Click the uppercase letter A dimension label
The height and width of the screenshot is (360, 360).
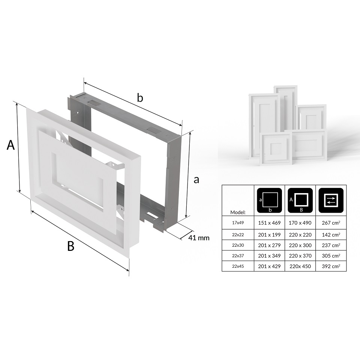tap(11, 145)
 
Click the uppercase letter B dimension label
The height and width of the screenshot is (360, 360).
tap(70, 246)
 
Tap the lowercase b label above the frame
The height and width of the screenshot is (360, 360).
tap(139, 98)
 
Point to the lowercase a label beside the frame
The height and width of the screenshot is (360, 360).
tap(196, 180)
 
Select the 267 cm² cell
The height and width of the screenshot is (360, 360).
tap(331, 223)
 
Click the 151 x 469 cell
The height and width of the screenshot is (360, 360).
tap(269, 223)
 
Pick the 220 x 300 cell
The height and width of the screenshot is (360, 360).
tap(300, 245)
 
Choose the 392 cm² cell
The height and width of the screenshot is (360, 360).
tap(331, 266)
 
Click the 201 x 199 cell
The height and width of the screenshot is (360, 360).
tap(269, 235)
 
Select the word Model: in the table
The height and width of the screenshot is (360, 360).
tap(238, 212)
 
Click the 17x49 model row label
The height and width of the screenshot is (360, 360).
tap(238, 223)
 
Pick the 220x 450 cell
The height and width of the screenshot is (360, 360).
tap(300, 266)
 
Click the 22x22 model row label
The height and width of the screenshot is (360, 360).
tap(238, 235)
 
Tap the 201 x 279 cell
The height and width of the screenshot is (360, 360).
tap(269, 245)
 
